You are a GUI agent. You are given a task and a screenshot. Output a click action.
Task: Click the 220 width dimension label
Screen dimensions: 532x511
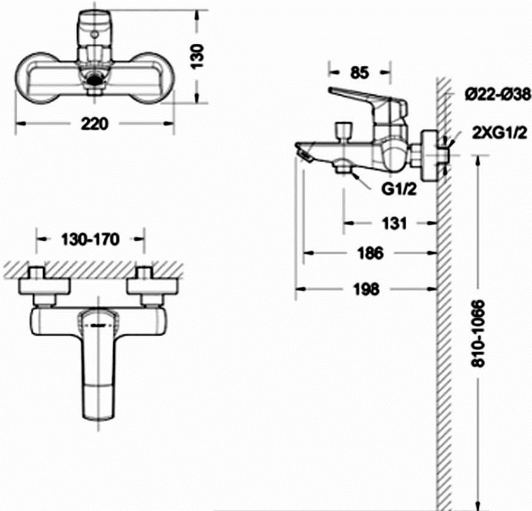click(x=95, y=124)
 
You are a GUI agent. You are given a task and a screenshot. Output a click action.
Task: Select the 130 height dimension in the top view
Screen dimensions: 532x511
click(x=197, y=56)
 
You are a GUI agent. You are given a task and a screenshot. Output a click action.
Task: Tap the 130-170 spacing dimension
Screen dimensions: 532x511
click(x=90, y=239)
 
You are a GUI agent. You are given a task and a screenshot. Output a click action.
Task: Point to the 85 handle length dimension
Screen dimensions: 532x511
click(x=360, y=72)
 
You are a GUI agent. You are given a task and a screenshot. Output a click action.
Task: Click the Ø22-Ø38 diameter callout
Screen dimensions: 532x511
click(x=497, y=94)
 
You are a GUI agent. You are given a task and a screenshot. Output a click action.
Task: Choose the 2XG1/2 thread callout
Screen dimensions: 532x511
click(x=500, y=133)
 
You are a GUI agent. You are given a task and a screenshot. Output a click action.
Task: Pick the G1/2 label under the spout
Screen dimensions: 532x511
click(x=398, y=189)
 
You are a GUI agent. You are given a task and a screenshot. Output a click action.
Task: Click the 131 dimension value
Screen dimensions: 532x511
click(x=394, y=223)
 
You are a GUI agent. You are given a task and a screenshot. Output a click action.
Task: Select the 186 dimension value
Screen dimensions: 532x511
click(x=370, y=253)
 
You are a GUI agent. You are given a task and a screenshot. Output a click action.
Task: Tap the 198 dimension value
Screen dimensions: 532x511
click(x=366, y=290)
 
